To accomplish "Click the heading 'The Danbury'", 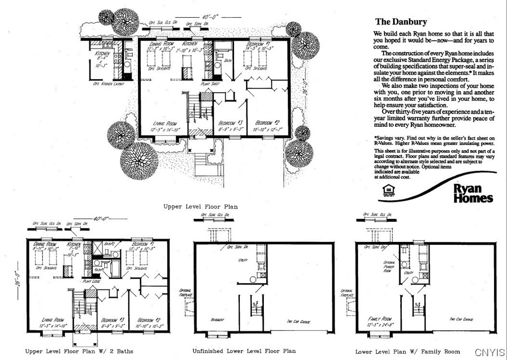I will (401, 22).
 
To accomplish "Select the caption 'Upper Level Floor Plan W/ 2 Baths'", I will (79, 351).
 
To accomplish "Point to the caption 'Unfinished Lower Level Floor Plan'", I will (244, 351).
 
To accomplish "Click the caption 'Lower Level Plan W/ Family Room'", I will (407, 351).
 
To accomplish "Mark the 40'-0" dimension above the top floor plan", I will (210, 16).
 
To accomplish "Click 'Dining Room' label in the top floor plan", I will (162, 44).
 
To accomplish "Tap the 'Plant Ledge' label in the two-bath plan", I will (90, 280).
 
